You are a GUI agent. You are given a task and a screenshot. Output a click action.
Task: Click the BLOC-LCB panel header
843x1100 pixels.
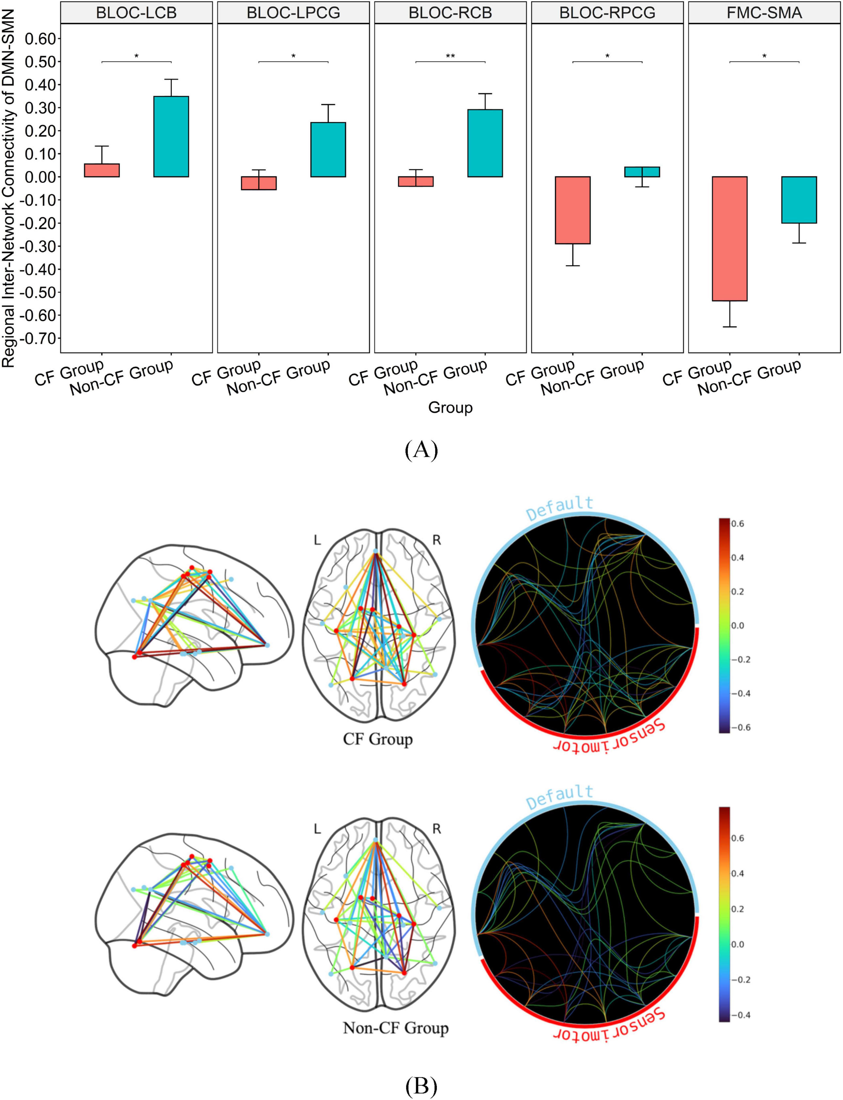pyautogui.click(x=136, y=13)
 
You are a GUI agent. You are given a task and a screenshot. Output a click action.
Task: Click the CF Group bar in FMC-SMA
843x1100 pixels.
pyautogui.click(x=730, y=238)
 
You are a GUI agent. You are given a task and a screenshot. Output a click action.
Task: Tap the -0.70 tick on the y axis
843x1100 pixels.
pyautogui.click(x=40, y=338)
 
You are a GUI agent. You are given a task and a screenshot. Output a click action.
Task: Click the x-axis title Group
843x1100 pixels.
pyautogui.click(x=450, y=407)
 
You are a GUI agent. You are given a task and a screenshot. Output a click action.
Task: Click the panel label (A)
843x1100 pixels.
pyautogui.click(x=421, y=450)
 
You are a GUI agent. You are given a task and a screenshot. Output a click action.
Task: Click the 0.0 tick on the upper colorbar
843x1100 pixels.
pyautogui.click(x=737, y=626)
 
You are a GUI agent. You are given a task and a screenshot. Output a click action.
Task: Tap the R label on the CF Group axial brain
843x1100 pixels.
pyautogui.click(x=437, y=540)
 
